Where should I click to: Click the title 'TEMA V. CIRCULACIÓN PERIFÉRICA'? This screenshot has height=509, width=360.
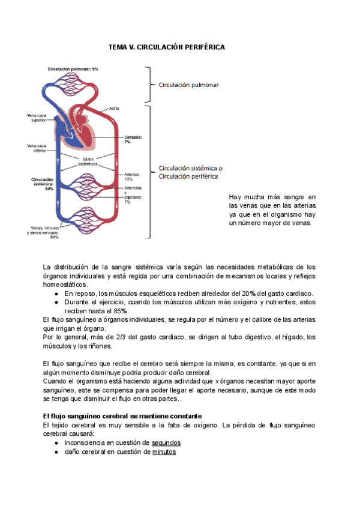pyautogui.click(x=166, y=46)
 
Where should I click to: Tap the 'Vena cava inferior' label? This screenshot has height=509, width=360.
pyautogui.click(x=37, y=147)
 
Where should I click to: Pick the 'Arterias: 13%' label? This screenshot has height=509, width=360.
pyautogui.click(x=131, y=176)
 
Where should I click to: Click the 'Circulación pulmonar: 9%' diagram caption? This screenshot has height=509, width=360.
pyautogui.click(x=73, y=69)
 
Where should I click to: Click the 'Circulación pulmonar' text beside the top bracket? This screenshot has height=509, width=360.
pyautogui.click(x=188, y=85)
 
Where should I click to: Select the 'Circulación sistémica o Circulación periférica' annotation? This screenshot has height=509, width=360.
pyautogui.click(x=190, y=172)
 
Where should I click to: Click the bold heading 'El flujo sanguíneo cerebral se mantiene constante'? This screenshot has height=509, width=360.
pyautogui.click(x=122, y=416)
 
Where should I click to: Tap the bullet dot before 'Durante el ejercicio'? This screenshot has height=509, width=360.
pyautogui.click(x=56, y=302)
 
